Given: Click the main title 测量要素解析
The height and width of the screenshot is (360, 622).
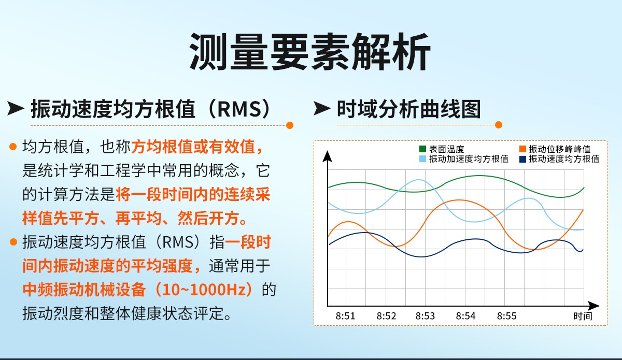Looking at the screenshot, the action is coord(310,52).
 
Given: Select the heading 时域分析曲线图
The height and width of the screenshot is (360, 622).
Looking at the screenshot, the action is coord(408,109).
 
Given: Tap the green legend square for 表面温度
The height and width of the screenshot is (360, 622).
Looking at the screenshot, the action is coord(422,149).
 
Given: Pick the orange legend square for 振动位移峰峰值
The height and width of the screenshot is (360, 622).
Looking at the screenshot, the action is coord(522,149).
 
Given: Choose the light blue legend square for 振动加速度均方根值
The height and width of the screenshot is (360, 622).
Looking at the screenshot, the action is coord(422,159).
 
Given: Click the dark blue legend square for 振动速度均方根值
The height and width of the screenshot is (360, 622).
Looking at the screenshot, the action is coord(522,159).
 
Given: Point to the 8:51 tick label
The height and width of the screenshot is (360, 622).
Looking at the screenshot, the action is coord(345,316).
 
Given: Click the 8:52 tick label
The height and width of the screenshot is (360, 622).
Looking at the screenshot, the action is coord(386,316).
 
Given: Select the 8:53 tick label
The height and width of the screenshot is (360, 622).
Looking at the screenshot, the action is coord(425,316).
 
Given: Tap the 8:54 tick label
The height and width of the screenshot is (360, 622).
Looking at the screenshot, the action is coord(465,316).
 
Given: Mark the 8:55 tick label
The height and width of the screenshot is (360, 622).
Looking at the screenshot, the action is coord(507,316).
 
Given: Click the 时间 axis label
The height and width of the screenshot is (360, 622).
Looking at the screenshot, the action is coord(583,316).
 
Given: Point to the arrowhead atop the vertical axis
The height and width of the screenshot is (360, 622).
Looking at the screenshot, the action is coord(328,156).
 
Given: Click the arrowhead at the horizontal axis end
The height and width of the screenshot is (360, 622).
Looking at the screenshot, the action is coord(593,306).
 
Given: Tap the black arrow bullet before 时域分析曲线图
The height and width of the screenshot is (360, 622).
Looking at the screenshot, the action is coord(322,108).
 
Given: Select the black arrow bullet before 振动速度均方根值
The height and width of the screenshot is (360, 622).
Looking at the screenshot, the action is coord(16,108).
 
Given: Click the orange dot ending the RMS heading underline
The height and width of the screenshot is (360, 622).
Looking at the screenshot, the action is coord(290,125).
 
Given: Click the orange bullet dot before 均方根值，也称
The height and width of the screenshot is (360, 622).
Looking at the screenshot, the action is coord(13,147).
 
